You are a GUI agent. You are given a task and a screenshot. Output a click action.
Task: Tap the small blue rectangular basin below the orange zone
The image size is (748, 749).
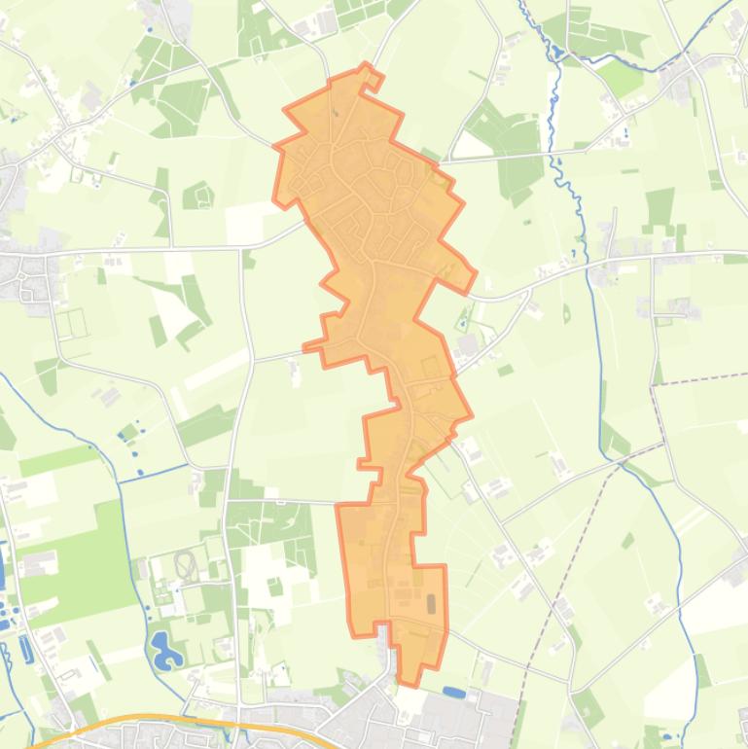(454, 693)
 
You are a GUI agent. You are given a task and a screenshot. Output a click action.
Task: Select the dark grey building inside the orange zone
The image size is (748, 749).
(431, 604)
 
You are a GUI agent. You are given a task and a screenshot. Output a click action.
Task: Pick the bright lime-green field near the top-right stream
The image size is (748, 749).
(620, 77)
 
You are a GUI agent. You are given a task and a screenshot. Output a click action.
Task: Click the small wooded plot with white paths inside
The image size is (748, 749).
(198, 195)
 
